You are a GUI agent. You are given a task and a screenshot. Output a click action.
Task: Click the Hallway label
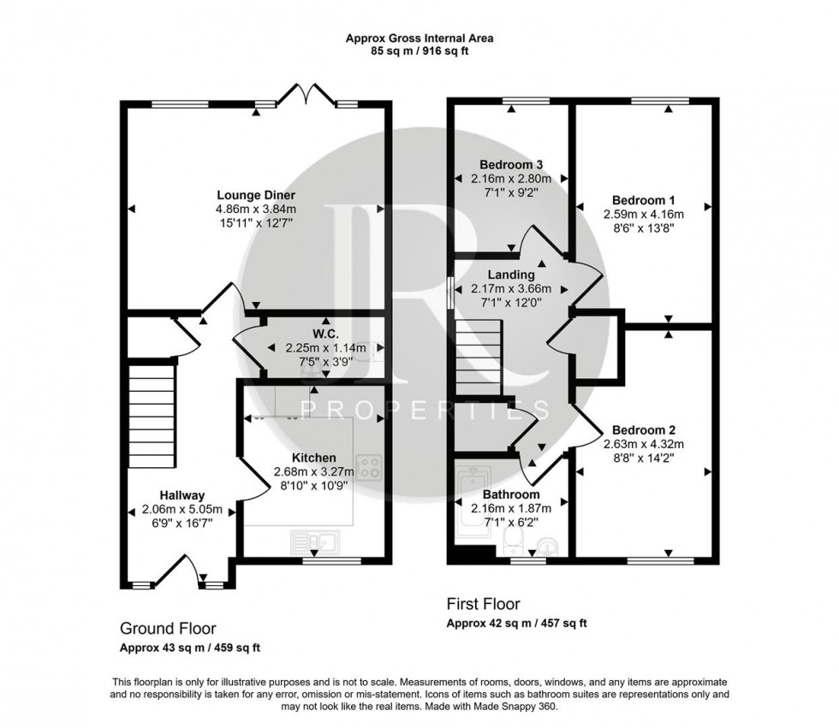click(181, 494)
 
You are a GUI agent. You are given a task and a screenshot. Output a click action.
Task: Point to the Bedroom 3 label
click(511, 164)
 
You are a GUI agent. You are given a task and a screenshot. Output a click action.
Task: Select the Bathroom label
click(511, 494)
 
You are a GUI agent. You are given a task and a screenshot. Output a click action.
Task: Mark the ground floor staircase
click(151, 412)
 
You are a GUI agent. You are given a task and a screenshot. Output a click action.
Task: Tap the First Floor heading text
click(483, 604)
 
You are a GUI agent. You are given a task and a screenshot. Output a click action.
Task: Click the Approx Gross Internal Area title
click(419, 38)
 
